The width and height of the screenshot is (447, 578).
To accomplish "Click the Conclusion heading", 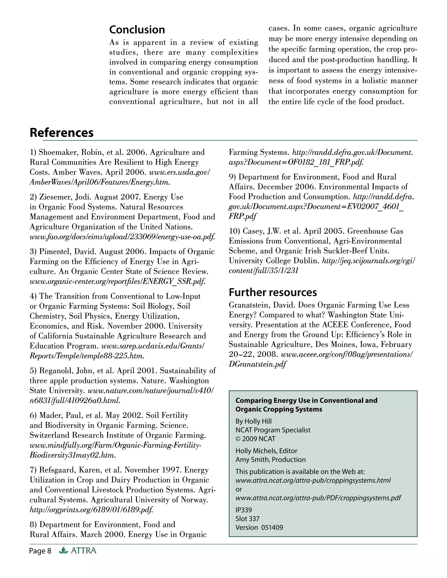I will click(137, 30).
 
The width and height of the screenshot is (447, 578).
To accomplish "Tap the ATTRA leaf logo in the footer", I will click(63, 551).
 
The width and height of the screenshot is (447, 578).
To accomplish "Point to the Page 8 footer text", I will click(40, 551).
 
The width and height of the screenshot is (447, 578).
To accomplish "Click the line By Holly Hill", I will click(253, 421).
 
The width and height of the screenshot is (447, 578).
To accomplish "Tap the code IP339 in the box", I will click(244, 510).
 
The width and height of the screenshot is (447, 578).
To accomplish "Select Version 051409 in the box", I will click(259, 527).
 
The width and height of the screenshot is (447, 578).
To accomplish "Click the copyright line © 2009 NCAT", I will click(255, 439).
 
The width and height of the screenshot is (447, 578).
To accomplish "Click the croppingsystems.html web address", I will click(313, 480).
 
